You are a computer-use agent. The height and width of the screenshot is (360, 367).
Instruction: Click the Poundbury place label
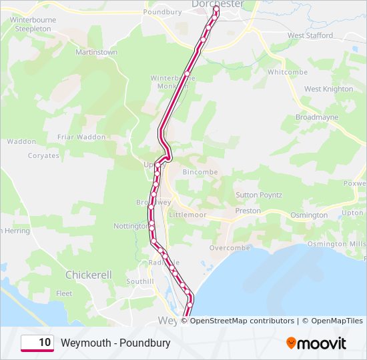(162, 12)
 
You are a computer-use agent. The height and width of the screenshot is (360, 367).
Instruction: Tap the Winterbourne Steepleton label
(33, 25)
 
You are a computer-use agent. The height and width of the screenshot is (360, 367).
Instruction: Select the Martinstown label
(96, 52)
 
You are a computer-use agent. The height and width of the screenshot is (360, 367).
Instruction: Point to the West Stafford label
(310, 35)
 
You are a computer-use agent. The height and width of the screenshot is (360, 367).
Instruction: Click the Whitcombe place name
(287, 72)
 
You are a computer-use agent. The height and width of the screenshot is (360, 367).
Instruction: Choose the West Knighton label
(328, 89)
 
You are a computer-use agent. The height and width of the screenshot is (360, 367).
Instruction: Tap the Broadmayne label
(317, 117)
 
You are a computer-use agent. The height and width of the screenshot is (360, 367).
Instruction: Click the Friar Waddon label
(81, 137)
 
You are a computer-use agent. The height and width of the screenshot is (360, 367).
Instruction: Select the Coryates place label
(43, 155)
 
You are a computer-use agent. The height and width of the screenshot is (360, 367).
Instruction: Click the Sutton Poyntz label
(259, 195)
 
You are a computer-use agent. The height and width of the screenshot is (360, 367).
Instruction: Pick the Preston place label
(248, 211)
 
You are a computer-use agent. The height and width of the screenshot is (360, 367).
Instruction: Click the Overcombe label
(230, 247)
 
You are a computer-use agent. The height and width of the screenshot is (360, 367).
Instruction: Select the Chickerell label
(88, 275)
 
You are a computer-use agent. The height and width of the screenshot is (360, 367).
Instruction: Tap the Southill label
(139, 281)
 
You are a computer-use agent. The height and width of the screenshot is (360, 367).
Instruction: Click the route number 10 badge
(37, 343)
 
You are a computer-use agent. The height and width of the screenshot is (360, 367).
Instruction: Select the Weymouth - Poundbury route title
(115, 343)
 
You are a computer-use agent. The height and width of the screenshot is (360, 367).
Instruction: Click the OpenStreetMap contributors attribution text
(242, 321)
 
